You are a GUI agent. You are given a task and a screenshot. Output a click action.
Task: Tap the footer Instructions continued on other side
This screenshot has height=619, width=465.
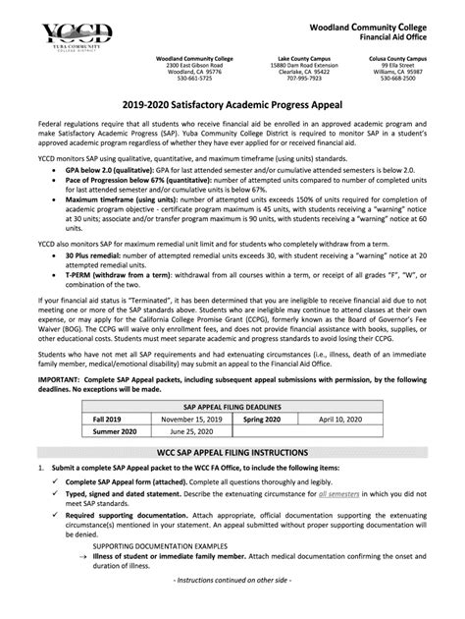click(232, 608)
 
